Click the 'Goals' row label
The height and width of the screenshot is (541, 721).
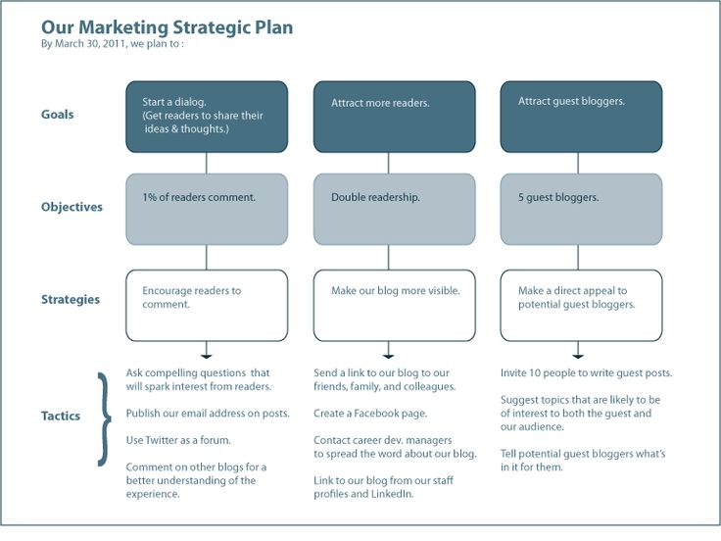[58, 115]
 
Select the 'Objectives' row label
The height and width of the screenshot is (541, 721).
[72, 208]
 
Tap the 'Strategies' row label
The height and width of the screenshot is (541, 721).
[71, 300]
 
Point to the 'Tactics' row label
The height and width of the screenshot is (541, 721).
[62, 416]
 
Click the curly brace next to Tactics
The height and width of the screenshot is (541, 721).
[103, 418]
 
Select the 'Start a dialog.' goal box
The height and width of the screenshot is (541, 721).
[207, 117]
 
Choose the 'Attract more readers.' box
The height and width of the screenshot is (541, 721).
[395, 117]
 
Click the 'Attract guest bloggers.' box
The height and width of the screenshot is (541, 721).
[581, 117]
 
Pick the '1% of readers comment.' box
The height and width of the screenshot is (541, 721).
[207, 209]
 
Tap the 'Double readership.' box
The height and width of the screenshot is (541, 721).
[395, 209]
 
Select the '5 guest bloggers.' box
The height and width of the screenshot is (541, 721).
[581, 209]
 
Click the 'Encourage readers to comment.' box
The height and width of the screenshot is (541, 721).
[207, 305]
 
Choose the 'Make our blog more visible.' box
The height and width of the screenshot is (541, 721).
[395, 305]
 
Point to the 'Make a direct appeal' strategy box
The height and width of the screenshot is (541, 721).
[581, 305]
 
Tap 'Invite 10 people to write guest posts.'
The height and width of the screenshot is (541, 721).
[586, 373]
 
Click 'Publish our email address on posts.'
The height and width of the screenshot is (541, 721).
[208, 414]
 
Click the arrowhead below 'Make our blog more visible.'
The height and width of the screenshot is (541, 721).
[389, 354]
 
